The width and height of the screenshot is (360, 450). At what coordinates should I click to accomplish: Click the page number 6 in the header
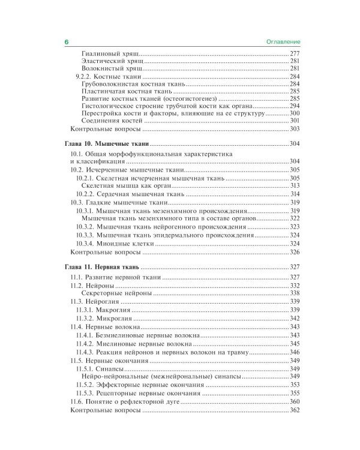[x=67, y=42]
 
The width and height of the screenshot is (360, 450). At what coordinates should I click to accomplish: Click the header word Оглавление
[x=283, y=42]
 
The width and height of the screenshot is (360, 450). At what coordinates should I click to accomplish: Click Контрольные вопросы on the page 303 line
[x=106, y=129]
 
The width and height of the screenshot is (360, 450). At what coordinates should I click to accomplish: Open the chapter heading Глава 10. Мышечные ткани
[x=106, y=145]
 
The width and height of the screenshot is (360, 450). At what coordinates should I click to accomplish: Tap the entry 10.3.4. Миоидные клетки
[x=111, y=244]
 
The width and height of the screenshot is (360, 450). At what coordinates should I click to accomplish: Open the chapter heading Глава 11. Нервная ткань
[x=102, y=268]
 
